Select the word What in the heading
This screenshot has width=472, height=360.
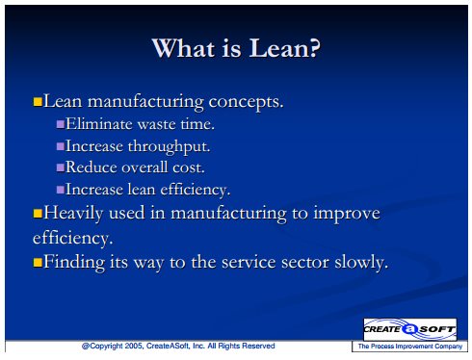pyautogui.click(x=183, y=48)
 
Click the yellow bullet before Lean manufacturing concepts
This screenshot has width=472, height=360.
pyautogui.click(x=38, y=102)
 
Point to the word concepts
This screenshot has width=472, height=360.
pyautogui.click(x=247, y=103)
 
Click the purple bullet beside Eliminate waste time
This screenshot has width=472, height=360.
pyautogui.click(x=61, y=124)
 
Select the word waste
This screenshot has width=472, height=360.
pyautogui.click(x=156, y=124)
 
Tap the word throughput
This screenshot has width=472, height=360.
pyautogui.click(x=170, y=147)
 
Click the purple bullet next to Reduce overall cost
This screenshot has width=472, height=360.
pyautogui.click(x=61, y=167)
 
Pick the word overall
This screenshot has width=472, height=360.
pyautogui.click(x=144, y=167)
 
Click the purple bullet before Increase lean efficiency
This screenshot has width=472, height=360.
pyautogui.click(x=61, y=190)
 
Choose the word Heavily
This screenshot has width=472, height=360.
pyautogui.click(x=73, y=214)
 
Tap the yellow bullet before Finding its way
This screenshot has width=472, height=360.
pyautogui.click(x=38, y=263)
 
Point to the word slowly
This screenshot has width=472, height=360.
pyautogui.click(x=361, y=263)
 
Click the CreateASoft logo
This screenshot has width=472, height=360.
pyautogui.click(x=409, y=329)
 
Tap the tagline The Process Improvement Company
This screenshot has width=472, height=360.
pyautogui.click(x=410, y=347)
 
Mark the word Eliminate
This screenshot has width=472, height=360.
pyautogui.click(x=99, y=124)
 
